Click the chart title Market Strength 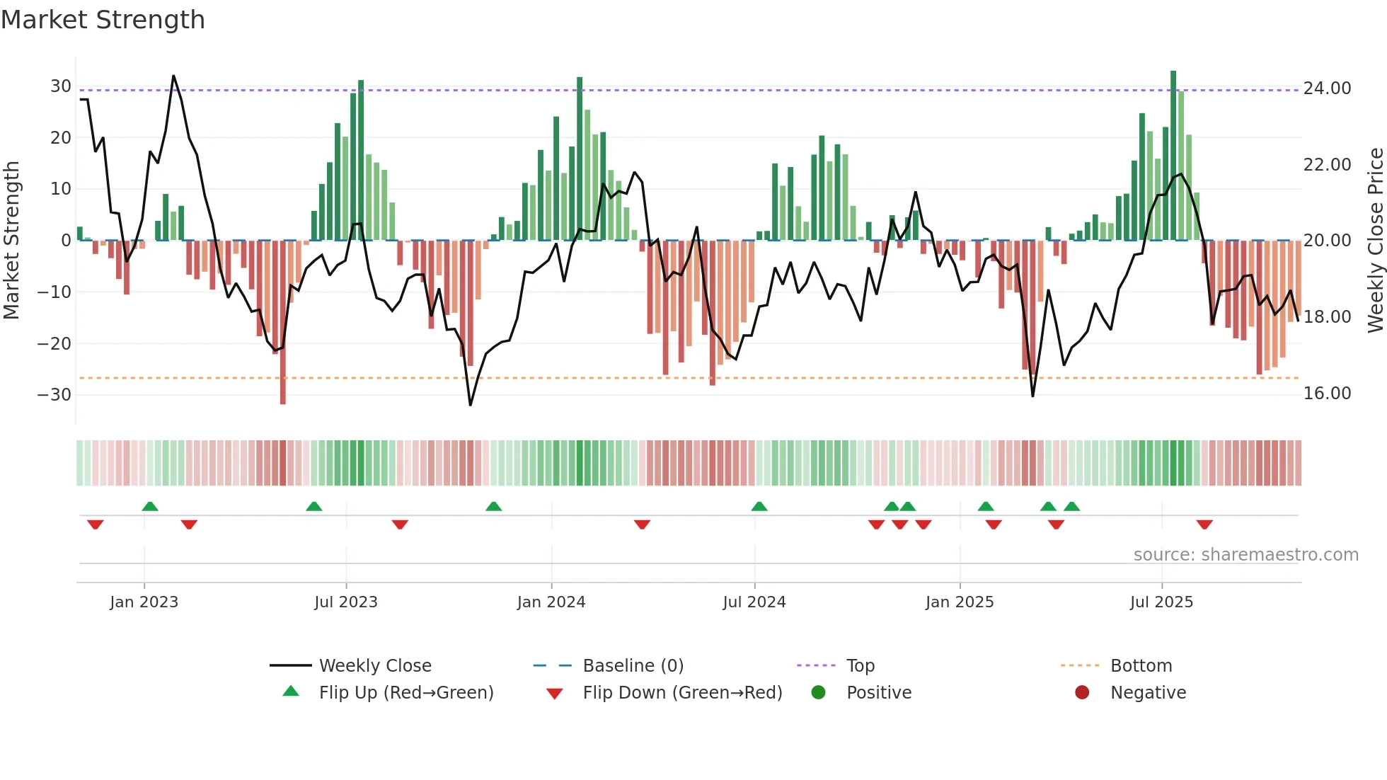click(103, 19)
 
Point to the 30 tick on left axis click(61, 86)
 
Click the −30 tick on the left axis click(54, 395)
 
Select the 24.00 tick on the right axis click(1327, 88)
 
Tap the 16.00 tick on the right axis click(1327, 394)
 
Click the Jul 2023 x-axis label click(346, 602)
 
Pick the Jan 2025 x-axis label click(960, 602)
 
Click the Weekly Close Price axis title click(1375, 241)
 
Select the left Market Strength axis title click(11, 241)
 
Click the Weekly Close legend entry click(375, 666)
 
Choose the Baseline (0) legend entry click(633, 666)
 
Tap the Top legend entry click(861, 666)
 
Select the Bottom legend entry click(1141, 666)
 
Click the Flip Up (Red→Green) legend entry click(405, 693)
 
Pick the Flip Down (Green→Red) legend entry click(682, 693)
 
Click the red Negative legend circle click(1082, 693)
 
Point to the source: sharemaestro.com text click(1245, 555)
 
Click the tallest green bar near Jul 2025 click(1173, 156)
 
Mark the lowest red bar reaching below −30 click(283, 322)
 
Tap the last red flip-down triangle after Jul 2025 click(1204, 524)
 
